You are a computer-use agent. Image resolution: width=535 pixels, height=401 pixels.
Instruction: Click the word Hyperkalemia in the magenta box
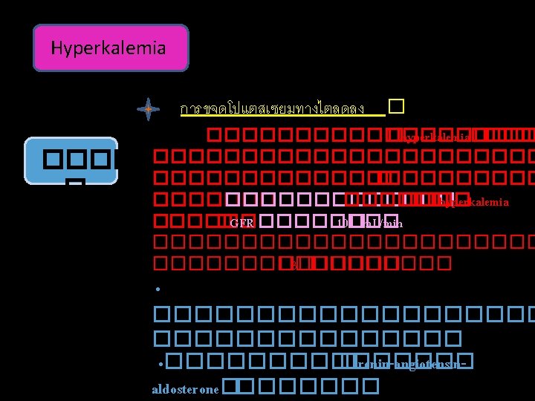[x=108, y=49]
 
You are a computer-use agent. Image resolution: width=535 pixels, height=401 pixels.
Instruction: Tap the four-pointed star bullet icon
[x=149, y=109]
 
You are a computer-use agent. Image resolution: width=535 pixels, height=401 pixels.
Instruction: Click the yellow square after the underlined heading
[x=395, y=107]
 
